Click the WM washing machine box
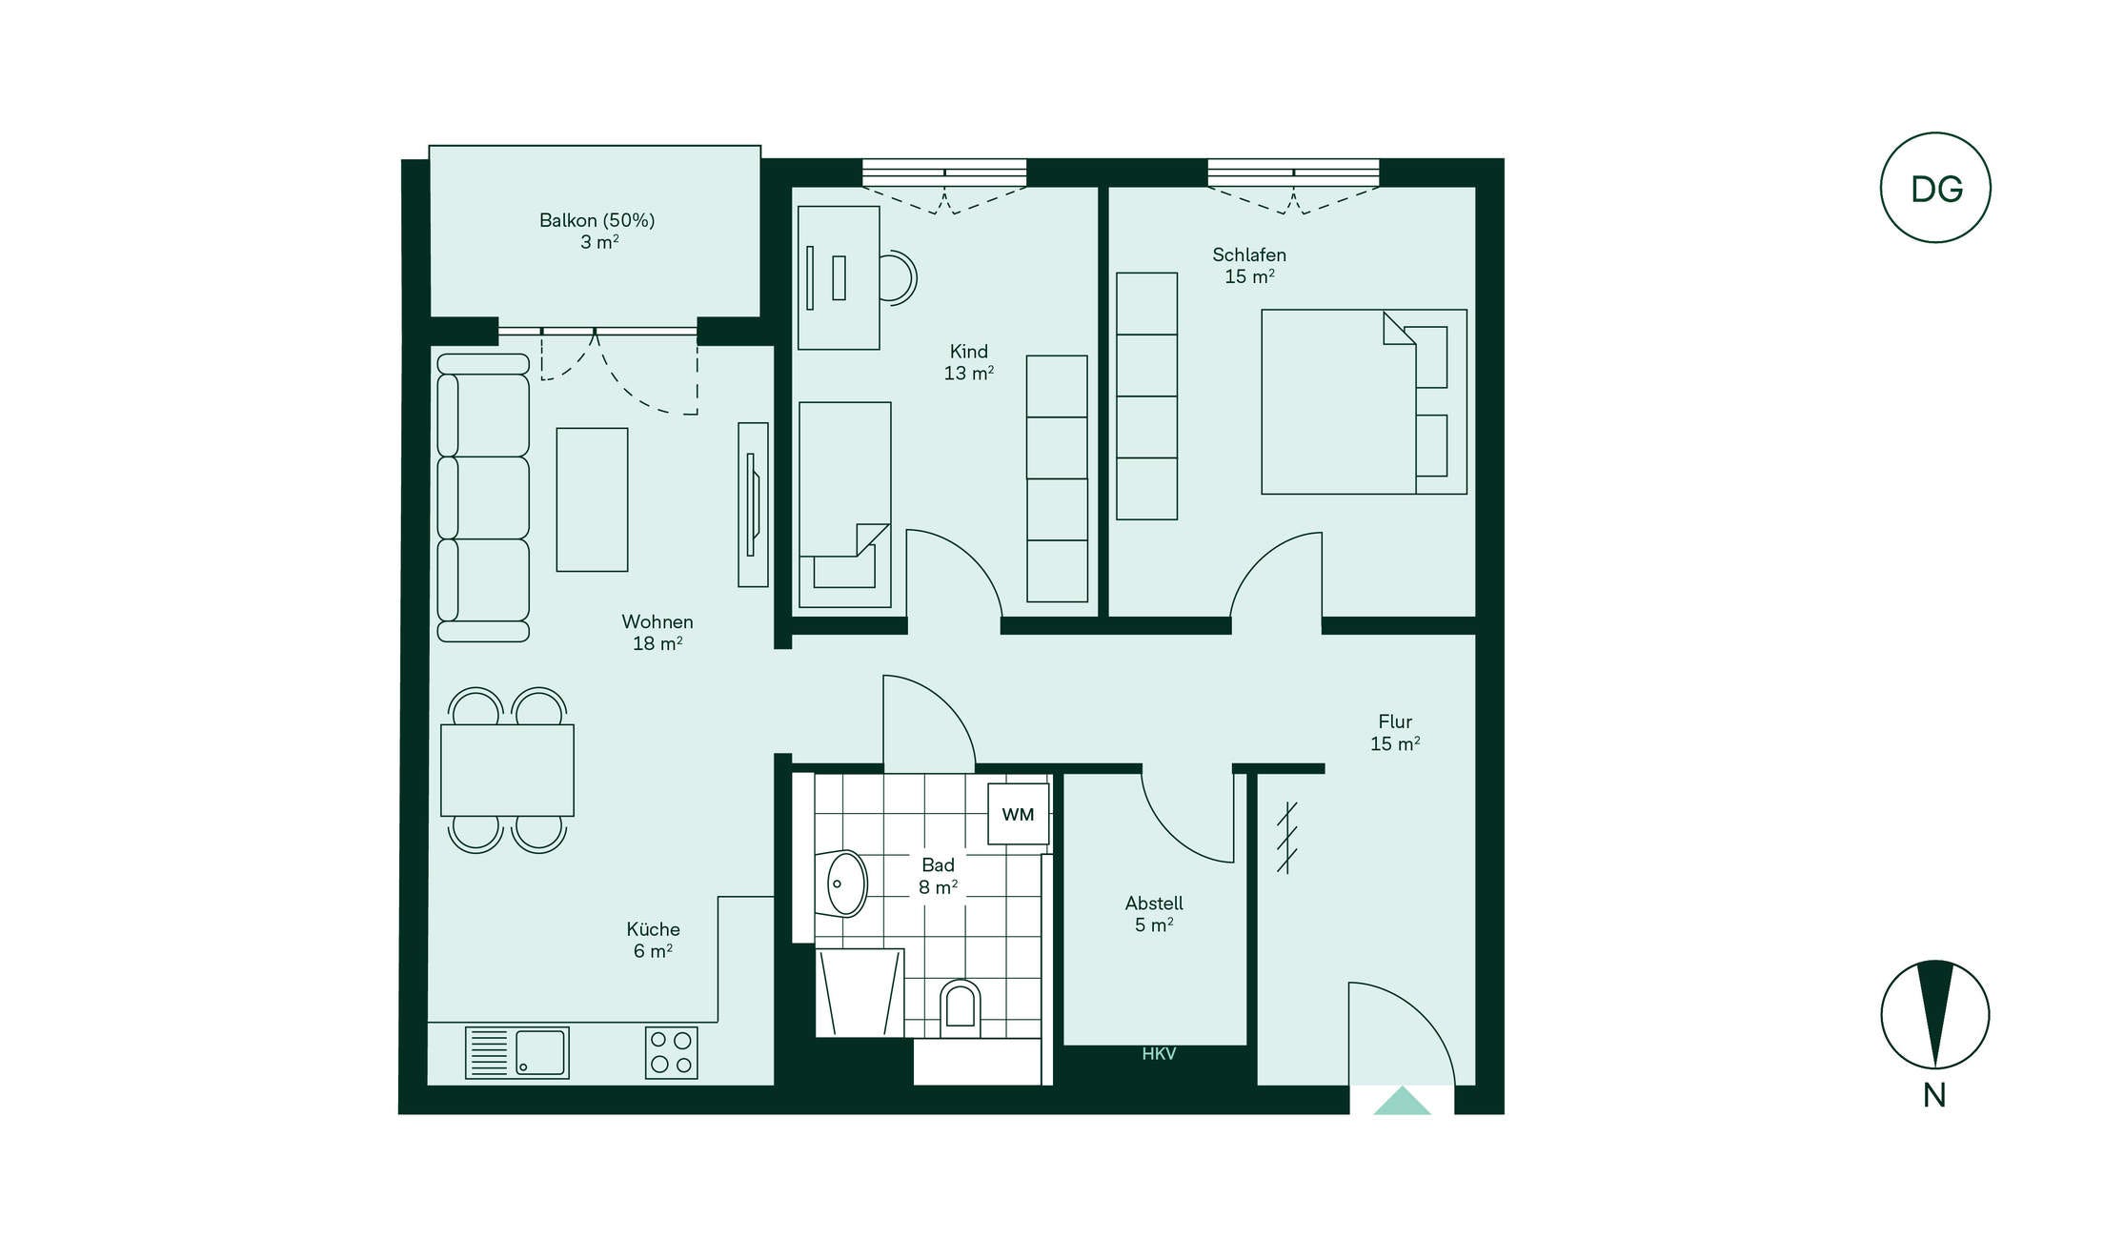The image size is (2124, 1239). click(1018, 814)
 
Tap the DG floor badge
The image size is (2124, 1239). click(1935, 188)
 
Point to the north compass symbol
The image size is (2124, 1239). click(1935, 1014)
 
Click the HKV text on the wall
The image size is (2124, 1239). click(1159, 1053)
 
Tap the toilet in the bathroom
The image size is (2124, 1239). click(961, 1008)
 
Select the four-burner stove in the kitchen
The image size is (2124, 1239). click(671, 1052)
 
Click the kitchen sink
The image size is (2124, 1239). click(517, 1052)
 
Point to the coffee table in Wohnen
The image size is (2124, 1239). click(592, 499)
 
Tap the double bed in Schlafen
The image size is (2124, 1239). click(1364, 401)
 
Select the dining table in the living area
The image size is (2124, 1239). click(507, 770)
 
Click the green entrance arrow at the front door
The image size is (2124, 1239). click(1402, 1101)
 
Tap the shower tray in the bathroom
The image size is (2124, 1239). click(860, 992)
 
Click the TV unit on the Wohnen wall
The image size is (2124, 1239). click(753, 504)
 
